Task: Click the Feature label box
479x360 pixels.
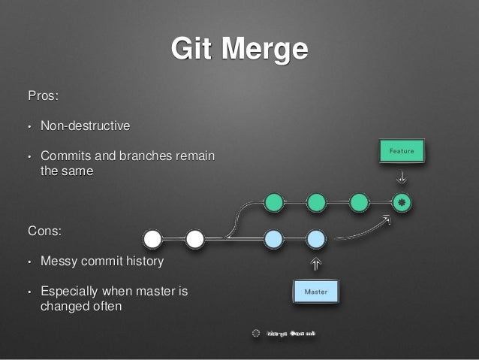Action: coord(402,151)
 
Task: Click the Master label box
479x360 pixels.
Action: coord(315,290)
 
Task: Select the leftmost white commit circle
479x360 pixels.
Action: coord(152,239)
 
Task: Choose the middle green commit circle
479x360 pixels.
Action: coord(316,202)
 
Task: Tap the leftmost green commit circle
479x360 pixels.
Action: coord(274,202)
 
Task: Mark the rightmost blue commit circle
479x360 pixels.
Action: coord(316,239)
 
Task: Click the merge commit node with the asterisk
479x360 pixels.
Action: coord(402,202)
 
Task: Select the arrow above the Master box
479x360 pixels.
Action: coord(315,263)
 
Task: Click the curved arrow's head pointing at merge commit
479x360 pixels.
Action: coord(387,219)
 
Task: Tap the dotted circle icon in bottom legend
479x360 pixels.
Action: coord(255,332)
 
